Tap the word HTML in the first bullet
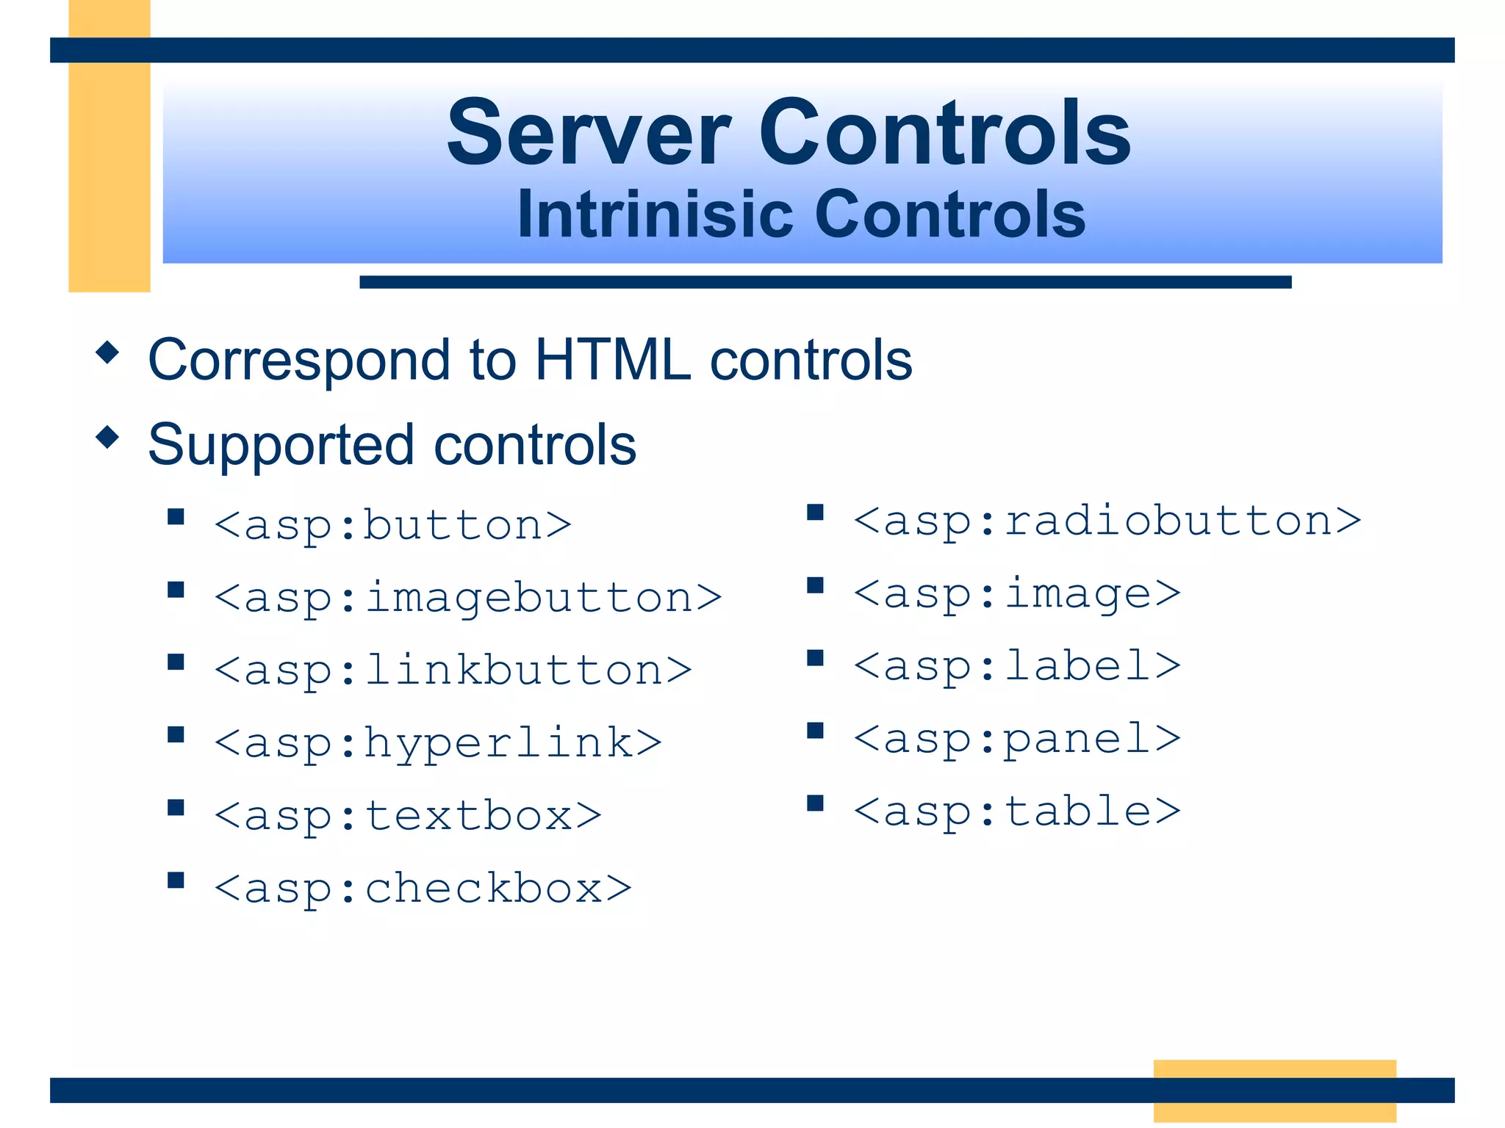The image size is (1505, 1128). click(x=612, y=360)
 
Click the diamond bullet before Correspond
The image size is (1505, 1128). click(x=107, y=352)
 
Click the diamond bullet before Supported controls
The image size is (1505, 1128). click(x=107, y=437)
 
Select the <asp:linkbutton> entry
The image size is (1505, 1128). click(x=453, y=670)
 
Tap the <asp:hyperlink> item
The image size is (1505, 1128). click(x=438, y=743)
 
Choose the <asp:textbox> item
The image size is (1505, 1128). click(x=408, y=816)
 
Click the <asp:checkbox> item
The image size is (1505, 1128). click(x=423, y=889)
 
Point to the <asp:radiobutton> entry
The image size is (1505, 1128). click(x=1107, y=521)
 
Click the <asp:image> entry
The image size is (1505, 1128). click(x=1017, y=593)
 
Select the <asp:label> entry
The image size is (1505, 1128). click(x=1017, y=666)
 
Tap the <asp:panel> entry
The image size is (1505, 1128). click(x=1017, y=739)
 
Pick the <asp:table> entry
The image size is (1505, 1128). click(x=1017, y=811)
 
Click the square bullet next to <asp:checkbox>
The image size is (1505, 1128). click(x=176, y=881)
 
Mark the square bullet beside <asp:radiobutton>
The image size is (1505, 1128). click(x=815, y=513)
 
